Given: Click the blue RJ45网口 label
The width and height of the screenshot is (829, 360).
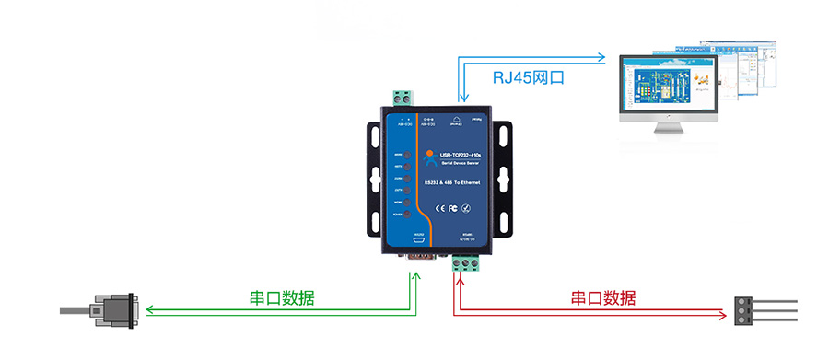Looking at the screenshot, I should (528, 77).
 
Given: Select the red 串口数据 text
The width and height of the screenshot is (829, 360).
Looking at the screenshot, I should (602, 298).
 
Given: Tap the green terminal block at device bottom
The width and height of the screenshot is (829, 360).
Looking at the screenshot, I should (469, 265).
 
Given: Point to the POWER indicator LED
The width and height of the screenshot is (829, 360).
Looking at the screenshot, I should (409, 214).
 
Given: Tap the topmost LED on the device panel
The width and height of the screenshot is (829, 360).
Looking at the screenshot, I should (409, 154).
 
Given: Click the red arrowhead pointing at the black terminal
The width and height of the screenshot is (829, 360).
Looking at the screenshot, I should (721, 315).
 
